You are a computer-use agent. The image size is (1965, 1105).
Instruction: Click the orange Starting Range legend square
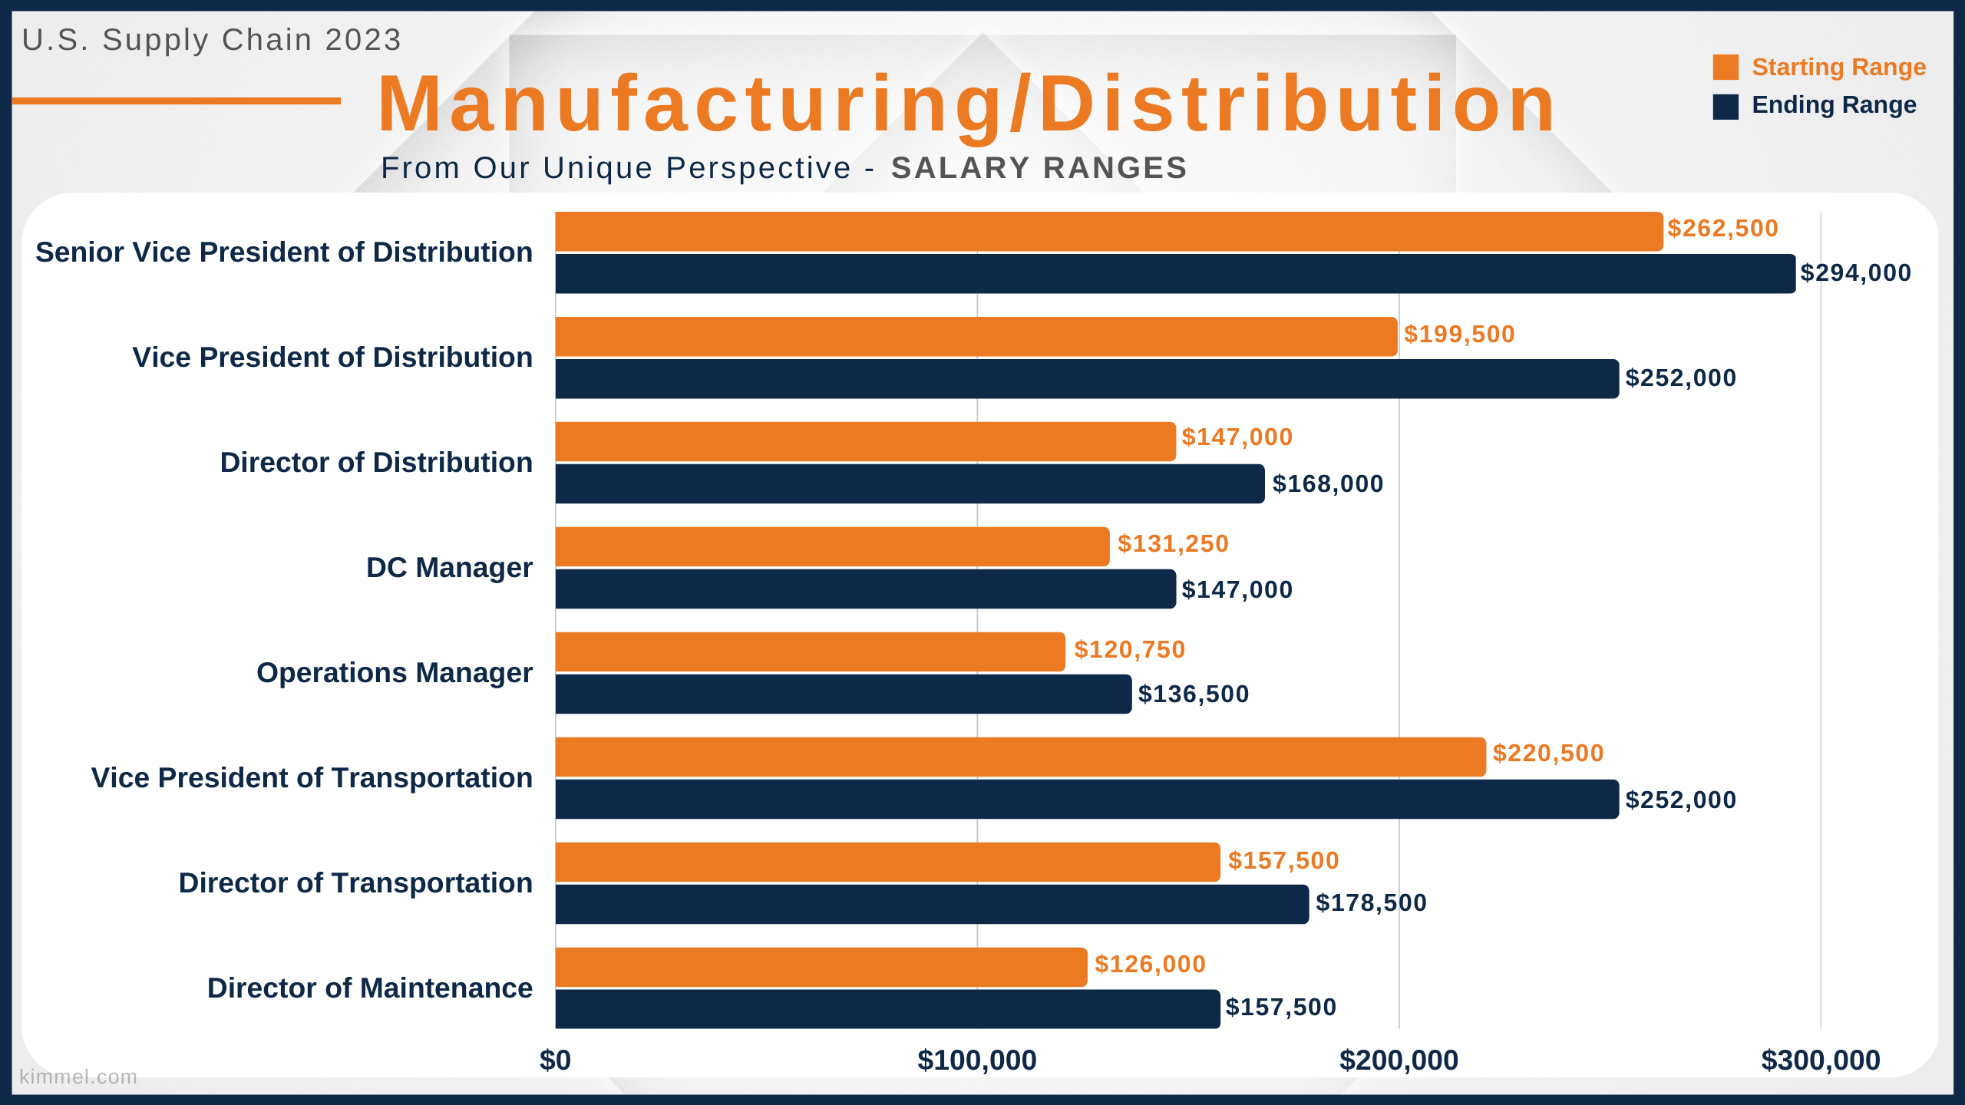pyautogui.click(x=1726, y=68)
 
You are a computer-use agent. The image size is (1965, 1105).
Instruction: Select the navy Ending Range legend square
pyautogui.click(x=1726, y=107)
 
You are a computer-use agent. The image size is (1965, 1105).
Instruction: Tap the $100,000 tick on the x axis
pyautogui.click(x=977, y=1060)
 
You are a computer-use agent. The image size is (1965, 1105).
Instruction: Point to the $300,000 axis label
pyautogui.click(x=1821, y=1060)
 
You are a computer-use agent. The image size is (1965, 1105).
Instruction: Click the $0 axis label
pyautogui.click(x=555, y=1060)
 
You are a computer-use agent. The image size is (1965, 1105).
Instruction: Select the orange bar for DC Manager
pyautogui.click(x=832, y=546)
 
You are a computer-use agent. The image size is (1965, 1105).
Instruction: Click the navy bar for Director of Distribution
pyautogui.click(x=910, y=483)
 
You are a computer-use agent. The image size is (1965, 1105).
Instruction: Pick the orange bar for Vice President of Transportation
pyautogui.click(x=1021, y=757)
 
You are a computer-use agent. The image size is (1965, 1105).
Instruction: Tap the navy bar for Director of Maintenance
pyautogui.click(x=887, y=1009)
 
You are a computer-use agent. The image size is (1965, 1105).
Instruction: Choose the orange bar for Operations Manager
pyautogui.click(x=810, y=651)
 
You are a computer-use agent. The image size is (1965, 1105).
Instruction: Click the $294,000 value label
pyautogui.click(x=1856, y=273)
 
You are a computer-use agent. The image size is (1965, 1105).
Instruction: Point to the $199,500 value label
pyautogui.click(x=1459, y=335)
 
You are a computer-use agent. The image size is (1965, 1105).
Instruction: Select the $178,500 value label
pyautogui.click(x=1371, y=903)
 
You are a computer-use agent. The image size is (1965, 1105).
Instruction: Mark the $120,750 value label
pyautogui.click(x=1130, y=650)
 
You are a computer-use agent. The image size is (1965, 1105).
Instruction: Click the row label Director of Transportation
pyautogui.click(x=355, y=883)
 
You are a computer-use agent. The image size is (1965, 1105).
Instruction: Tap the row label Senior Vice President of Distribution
pyautogui.click(x=284, y=252)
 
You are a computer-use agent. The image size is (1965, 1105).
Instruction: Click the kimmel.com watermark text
pyautogui.click(x=78, y=1077)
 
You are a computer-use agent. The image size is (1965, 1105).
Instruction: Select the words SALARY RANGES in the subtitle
pyautogui.click(x=1039, y=168)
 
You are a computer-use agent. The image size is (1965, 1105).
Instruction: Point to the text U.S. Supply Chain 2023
pyautogui.click(x=212, y=40)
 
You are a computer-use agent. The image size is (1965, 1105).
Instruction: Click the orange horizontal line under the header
pyautogui.click(x=177, y=101)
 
